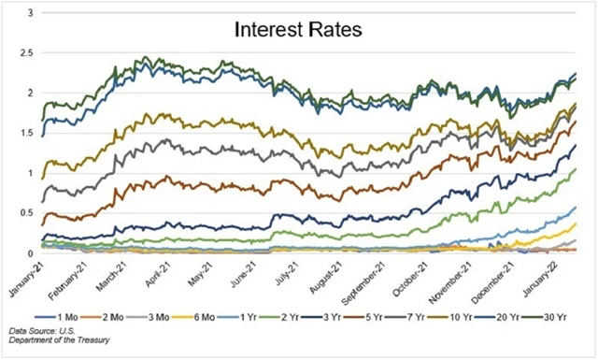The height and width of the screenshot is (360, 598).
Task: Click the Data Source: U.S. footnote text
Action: (47, 332)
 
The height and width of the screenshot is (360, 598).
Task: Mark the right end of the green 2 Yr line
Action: (576, 169)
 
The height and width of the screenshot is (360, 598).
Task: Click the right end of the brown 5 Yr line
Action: (576, 122)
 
